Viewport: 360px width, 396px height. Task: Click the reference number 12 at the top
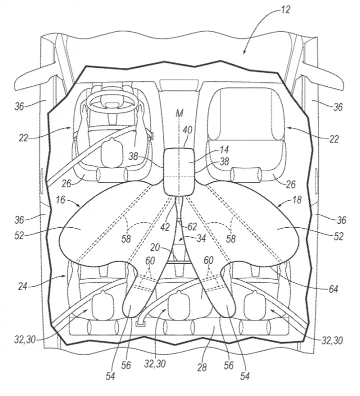pyautogui.click(x=285, y=10)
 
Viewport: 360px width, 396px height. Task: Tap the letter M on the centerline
pyautogui.click(x=179, y=113)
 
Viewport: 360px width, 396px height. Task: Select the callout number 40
pyautogui.click(x=187, y=130)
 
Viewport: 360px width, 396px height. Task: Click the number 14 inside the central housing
pyautogui.click(x=224, y=149)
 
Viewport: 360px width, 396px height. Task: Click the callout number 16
pyautogui.click(x=60, y=200)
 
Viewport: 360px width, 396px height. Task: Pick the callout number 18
pyautogui.click(x=297, y=200)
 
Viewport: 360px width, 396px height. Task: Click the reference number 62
pyautogui.click(x=192, y=227)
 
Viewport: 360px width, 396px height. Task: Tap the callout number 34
pyautogui.click(x=201, y=238)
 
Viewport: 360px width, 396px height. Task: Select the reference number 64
pyautogui.click(x=332, y=289)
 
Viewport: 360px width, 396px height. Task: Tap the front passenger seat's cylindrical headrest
pyautogui.click(x=246, y=174)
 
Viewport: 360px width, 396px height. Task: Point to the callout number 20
pyautogui.click(x=154, y=248)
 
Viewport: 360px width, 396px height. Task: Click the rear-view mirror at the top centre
pyautogui.click(x=179, y=84)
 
